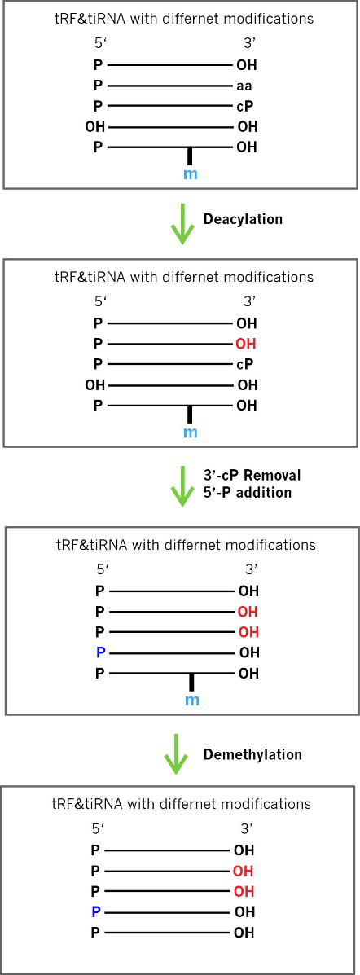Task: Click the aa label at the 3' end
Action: (244, 86)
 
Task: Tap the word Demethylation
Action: (253, 755)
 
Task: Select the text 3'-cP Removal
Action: (252, 476)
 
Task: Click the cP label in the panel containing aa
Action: (246, 107)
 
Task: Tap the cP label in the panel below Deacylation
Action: (246, 365)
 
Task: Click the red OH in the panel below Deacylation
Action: (247, 344)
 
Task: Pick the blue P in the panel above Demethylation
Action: (99, 652)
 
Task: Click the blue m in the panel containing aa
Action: (191, 174)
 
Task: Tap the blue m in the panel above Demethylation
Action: (191, 701)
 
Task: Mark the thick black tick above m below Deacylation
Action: (191, 414)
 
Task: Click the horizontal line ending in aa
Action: (171, 86)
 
